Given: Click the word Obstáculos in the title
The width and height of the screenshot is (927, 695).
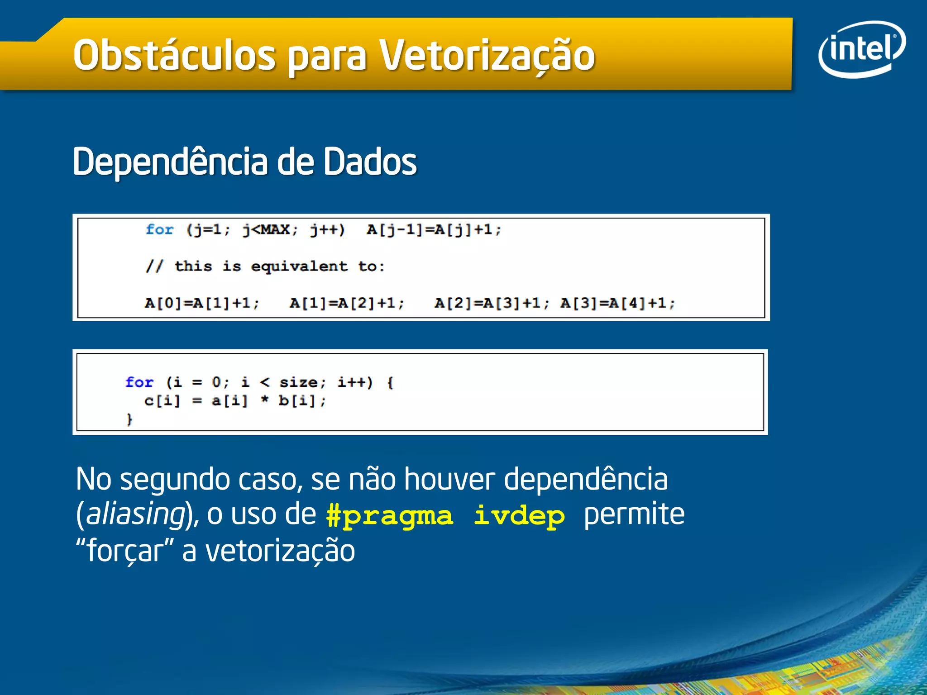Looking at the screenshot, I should pyautogui.click(x=174, y=55).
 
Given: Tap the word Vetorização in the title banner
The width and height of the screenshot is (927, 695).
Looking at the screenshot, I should pyautogui.click(x=487, y=55).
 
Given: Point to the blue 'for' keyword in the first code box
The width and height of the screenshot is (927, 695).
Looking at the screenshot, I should pyautogui.click(x=159, y=230).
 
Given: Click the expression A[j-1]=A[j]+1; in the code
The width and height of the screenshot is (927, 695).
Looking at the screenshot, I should pyautogui.click(x=434, y=230).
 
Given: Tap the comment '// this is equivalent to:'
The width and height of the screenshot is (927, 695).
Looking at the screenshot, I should pyautogui.click(x=265, y=267).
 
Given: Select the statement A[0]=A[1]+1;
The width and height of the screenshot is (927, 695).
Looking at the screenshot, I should pyautogui.click(x=202, y=303).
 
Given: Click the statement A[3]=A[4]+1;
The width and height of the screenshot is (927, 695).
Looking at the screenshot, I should pyautogui.click(x=617, y=303).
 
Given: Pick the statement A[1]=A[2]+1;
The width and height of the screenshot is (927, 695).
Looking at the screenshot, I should pyautogui.click(x=347, y=303).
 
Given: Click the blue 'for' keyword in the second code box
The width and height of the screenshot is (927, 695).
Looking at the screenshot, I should pyautogui.click(x=139, y=382).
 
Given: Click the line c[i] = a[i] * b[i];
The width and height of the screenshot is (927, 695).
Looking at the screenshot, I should pyautogui.click(x=234, y=401).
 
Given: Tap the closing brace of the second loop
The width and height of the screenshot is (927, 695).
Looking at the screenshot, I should pyautogui.click(x=129, y=419).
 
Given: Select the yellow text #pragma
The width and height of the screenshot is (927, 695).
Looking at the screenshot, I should pyautogui.click(x=389, y=516).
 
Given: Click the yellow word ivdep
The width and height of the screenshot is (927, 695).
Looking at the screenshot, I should pyautogui.click(x=519, y=516).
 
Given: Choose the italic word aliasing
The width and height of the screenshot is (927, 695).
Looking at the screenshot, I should pyautogui.click(x=135, y=515).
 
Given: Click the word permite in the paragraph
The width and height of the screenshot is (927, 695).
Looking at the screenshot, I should pyautogui.click(x=634, y=515).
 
